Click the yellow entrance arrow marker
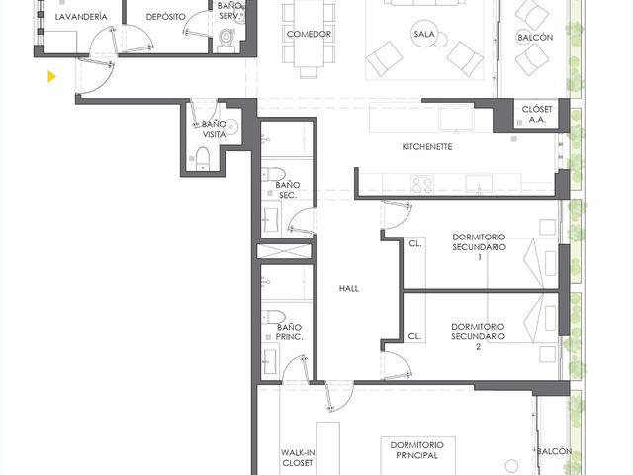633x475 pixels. [x=51, y=76]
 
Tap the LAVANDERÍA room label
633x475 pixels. [x=81, y=17]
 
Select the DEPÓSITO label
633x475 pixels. [x=165, y=17]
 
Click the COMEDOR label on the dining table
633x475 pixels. [x=309, y=34]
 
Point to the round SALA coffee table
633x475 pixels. [x=424, y=35]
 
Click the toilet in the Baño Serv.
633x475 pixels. [x=226, y=41]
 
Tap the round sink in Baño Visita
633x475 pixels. [x=231, y=127]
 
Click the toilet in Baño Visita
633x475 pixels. [x=203, y=158]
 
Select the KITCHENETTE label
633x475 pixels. [x=427, y=147]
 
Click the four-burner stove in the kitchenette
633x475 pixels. [x=422, y=184]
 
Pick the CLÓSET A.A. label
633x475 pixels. [x=536, y=115]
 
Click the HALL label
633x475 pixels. [x=349, y=288]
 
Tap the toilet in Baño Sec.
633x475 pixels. [x=273, y=174]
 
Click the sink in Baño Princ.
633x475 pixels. [x=269, y=361]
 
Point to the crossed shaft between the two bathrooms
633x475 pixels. [x=284, y=251]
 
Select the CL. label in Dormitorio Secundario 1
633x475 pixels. [x=415, y=244]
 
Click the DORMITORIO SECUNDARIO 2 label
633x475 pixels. [x=478, y=336]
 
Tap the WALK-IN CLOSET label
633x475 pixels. [x=298, y=458]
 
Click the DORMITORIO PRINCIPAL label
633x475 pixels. [x=417, y=450]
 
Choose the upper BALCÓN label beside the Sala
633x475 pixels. [x=535, y=38]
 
